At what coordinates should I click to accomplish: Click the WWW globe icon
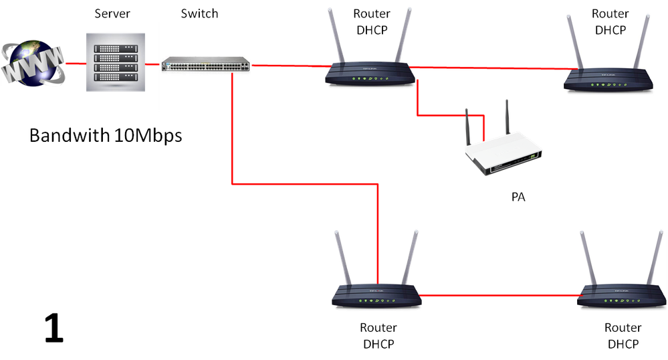pyautogui.click(x=33, y=63)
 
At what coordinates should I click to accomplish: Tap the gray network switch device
pyautogui.click(x=205, y=65)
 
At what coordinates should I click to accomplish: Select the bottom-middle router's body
pyautogui.click(x=376, y=295)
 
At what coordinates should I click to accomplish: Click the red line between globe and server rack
pyautogui.click(x=76, y=65)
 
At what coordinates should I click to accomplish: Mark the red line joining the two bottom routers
pyautogui.click(x=498, y=295)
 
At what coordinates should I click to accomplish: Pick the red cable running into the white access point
pyautogui.click(x=441, y=116)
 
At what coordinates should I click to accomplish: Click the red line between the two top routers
pyautogui.click(x=488, y=68)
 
